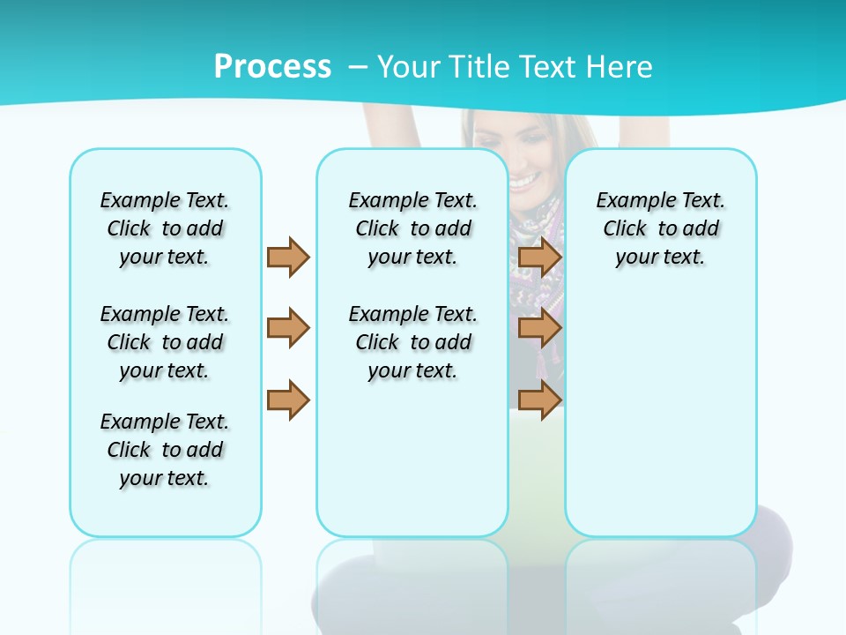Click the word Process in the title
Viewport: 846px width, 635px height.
[x=272, y=66]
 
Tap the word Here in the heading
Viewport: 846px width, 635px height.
[x=621, y=67]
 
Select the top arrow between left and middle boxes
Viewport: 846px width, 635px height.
[x=287, y=257]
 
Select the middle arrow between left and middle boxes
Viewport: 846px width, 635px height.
[x=287, y=328]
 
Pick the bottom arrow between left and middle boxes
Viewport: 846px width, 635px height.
[x=287, y=400]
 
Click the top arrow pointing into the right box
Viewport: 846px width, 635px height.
[x=539, y=257]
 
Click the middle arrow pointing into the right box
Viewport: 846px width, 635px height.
[x=539, y=328]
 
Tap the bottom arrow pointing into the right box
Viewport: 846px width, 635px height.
[x=539, y=400]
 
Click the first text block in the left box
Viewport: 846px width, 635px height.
[x=165, y=228]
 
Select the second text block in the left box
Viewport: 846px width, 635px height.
[x=165, y=342]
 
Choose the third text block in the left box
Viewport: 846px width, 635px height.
[x=165, y=450]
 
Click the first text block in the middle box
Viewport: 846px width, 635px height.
[x=412, y=228]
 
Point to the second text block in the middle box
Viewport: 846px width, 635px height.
[x=412, y=342]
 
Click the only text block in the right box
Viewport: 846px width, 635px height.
[x=660, y=228]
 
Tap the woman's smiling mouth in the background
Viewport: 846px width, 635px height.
[x=523, y=182]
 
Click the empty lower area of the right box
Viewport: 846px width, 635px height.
[x=660, y=423]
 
